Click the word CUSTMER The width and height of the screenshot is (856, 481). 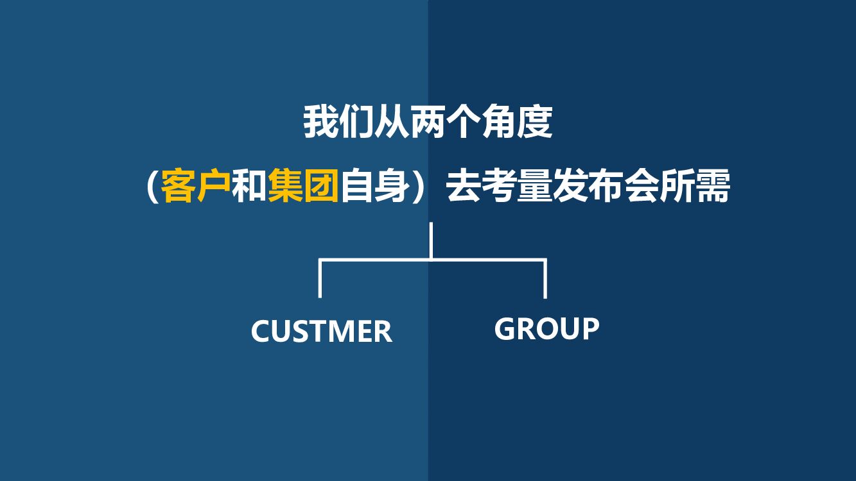(321, 331)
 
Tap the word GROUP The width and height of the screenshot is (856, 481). (546, 328)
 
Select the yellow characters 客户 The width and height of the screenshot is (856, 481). (196, 185)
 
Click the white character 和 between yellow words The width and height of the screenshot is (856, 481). (249, 185)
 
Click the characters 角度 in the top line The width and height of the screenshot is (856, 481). (516, 122)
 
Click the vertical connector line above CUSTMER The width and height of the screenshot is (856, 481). (320, 278)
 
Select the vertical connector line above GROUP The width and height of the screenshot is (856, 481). (545, 278)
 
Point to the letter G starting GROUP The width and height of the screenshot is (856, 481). (505, 328)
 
